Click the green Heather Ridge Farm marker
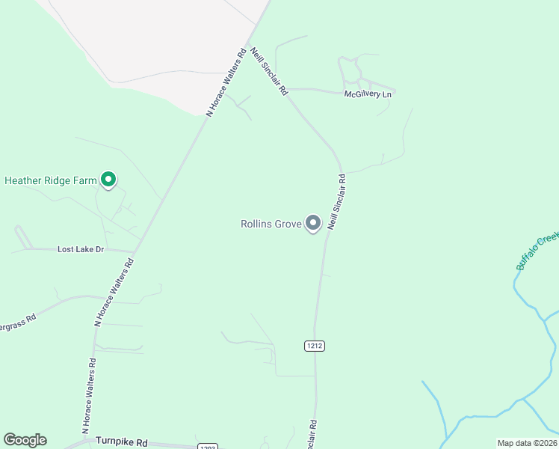click(108, 179)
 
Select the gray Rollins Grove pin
click(314, 223)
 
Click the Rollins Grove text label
click(271, 224)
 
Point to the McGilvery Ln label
click(368, 95)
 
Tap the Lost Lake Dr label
click(81, 249)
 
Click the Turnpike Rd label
click(122, 442)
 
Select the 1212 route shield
click(315, 346)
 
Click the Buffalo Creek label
click(537, 251)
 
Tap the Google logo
click(25, 440)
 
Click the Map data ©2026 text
click(526, 443)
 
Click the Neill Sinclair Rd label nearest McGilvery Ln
click(269, 71)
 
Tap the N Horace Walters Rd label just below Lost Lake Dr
click(114, 292)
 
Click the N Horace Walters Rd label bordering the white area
click(226, 82)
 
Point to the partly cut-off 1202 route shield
click(208, 446)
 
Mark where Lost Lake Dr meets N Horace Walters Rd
click(135, 251)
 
